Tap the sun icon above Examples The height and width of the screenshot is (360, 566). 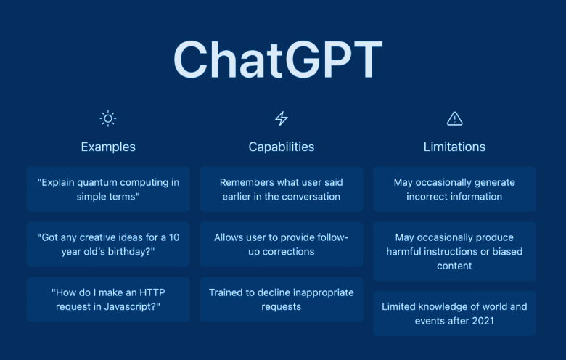pos(108,118)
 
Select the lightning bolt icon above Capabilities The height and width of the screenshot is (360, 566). pos(282,118)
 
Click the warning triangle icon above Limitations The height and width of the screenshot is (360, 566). pos(454,118)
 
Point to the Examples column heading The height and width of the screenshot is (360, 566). pos(108,147)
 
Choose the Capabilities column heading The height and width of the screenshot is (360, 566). pos(282,147)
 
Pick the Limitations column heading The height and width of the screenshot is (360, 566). pos(454,147)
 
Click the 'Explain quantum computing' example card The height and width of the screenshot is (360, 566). pos(108,189)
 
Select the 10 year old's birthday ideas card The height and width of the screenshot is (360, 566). pos(108,245)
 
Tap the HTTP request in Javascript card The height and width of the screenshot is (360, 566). pos(108,299)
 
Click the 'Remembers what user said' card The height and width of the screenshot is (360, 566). pos(282,189)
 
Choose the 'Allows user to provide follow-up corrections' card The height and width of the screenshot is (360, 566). pos(282,245)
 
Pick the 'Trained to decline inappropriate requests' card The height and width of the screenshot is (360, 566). pos(282,299)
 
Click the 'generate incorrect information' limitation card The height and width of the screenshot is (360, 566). pos(454,189)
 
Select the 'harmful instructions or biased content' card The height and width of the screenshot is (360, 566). pos(454,251)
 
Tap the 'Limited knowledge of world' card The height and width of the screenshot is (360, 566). pos(454,314)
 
